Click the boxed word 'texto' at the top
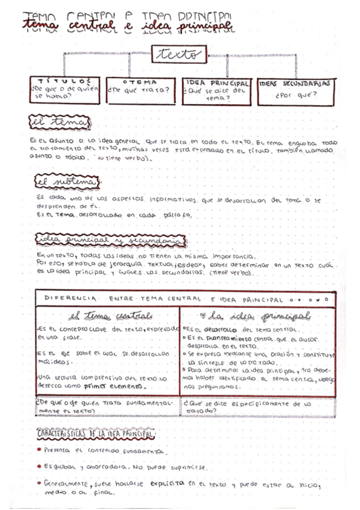(x=178, y=55)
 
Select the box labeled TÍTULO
(x=67, y=90)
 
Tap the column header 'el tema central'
(x=110, y=316)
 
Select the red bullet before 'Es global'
(x=38, y=465)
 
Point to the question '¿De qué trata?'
(x=139, y=91)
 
